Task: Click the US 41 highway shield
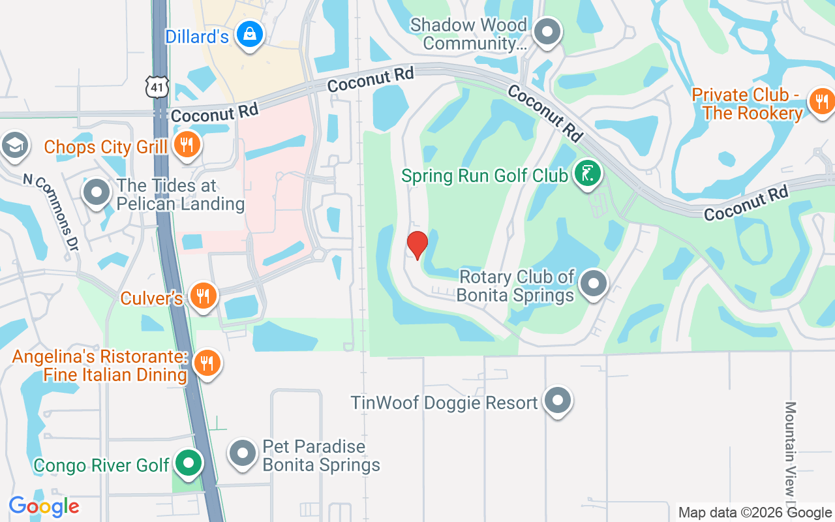158,87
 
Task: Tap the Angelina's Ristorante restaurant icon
207,363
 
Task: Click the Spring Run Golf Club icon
587,174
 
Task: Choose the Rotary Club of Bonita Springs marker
594,284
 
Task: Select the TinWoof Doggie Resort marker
558,401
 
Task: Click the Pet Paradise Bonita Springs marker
243,452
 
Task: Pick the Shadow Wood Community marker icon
547,32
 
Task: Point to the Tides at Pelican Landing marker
97,192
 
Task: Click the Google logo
44,506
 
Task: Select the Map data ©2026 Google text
755,513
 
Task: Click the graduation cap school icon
13,145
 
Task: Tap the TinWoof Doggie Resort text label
444,403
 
